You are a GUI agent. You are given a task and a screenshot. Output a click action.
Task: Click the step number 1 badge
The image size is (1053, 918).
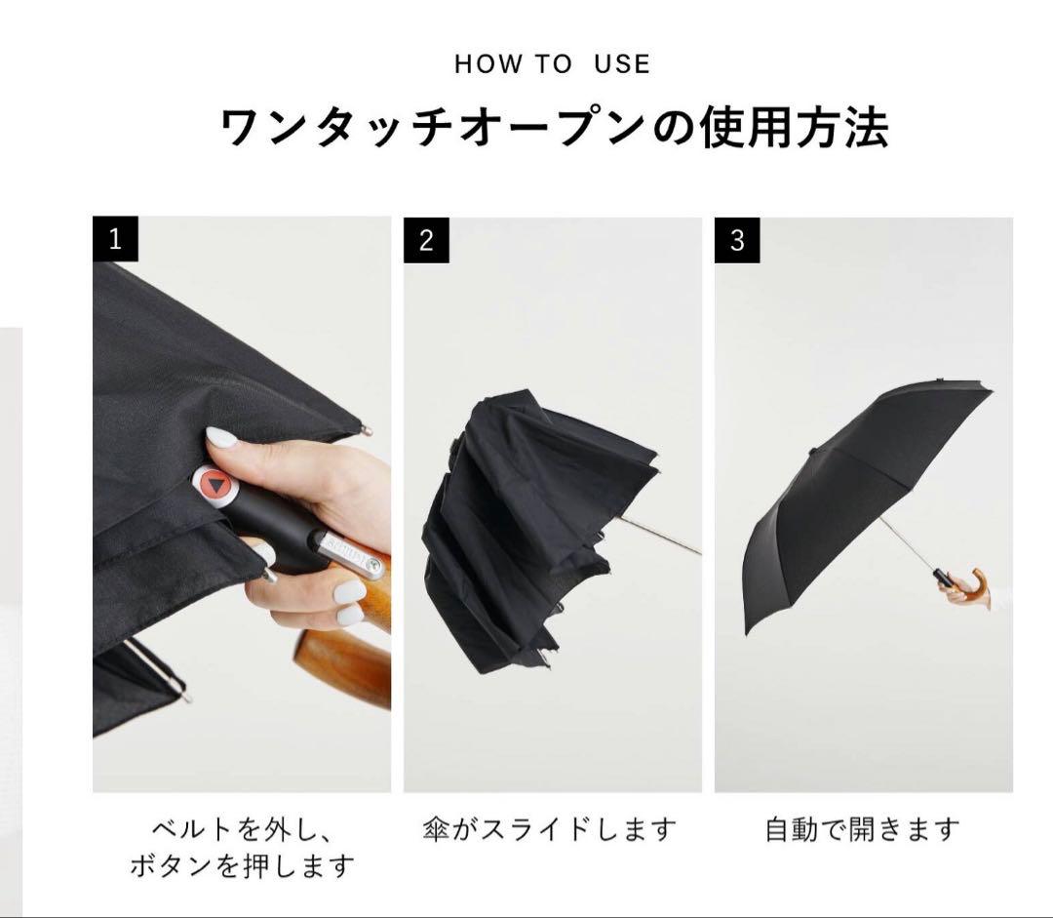[115, 239]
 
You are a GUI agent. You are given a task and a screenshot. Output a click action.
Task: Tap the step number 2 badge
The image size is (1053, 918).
[426, 240]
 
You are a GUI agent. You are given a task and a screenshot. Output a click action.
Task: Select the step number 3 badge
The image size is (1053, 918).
[737, 240]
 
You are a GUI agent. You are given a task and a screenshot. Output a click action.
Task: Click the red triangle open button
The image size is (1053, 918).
[216, 484]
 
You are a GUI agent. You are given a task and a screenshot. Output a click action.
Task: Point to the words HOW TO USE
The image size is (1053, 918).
[552, 63]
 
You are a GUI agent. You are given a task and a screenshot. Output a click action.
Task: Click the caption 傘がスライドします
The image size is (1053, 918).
[549, 828]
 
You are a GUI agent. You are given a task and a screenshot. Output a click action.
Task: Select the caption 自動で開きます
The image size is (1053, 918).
[862, 828]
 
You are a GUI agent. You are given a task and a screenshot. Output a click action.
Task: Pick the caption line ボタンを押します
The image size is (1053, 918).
[242, 865]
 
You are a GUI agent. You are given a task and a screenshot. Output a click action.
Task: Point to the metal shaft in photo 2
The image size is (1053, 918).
[659, 536]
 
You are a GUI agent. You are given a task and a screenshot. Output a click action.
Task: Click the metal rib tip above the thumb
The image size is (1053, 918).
[366, 428]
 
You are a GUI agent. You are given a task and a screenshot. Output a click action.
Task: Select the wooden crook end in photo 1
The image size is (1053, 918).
[341, 668]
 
